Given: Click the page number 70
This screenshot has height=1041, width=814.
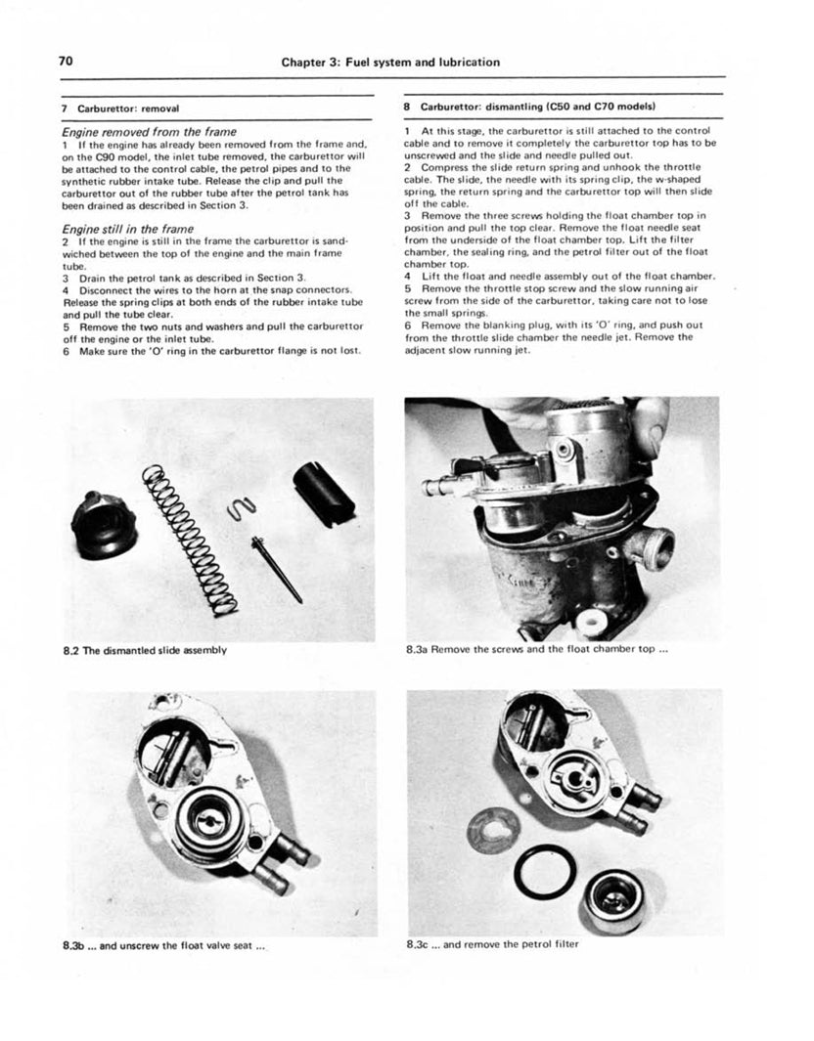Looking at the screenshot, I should click(x=67, y=61).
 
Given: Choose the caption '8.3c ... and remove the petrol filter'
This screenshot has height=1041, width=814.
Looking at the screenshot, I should click(x=491, y=945).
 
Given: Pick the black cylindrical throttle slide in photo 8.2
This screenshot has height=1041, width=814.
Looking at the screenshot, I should click(x=323, y=493).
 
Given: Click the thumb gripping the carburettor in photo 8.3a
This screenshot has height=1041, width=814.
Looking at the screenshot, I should click(x=649, y=427).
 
